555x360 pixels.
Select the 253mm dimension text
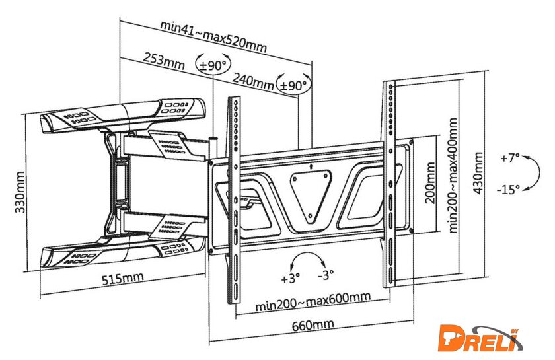[x=163, y=61]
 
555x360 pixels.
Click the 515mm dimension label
[x=122, y=278]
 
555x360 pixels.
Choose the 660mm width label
[x=311, y=324]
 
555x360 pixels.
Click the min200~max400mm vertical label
[x=453, y=174]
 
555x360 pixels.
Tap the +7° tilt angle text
[x=510, y=159]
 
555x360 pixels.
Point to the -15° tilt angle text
[x=507, y=190]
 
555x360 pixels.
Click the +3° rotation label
[x=290, y=278]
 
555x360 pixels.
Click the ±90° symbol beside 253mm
[x=213, y=65]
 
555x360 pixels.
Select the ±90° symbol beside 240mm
[x=294, y=85]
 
